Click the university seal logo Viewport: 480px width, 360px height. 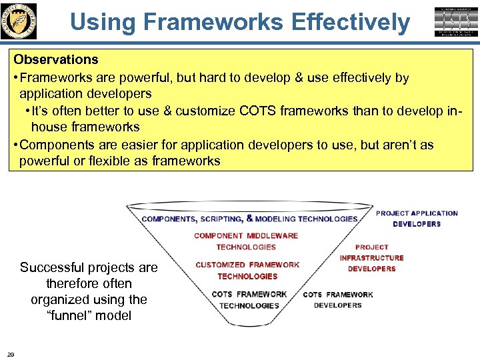(x=19, y=21)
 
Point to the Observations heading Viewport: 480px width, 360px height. (x=56, y=60)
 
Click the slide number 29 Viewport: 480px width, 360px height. (x=11, y=353)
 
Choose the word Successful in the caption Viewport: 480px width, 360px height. (x=53, y=268)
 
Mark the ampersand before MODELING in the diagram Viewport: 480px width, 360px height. (x=249, y=218)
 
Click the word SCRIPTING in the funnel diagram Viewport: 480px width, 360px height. (x=220, y=219)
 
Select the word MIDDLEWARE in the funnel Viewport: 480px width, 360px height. (x=273, y=235)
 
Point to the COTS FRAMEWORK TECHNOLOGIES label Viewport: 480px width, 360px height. (x=249, y=300)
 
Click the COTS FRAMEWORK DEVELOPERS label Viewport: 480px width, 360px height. (x=338, y=300)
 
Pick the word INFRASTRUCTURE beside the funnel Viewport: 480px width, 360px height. (x=372, y=258)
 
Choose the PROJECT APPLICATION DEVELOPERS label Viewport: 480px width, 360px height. (x=417, y=219)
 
